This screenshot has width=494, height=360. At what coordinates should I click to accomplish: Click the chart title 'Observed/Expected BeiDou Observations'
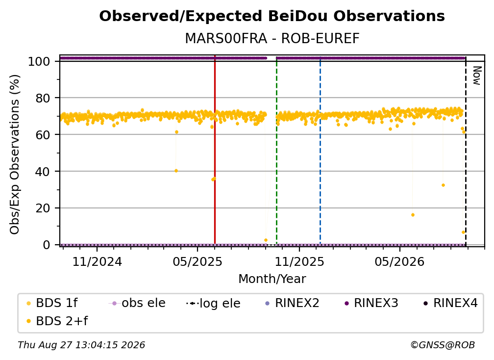pyautogui.click(x=272, y=16)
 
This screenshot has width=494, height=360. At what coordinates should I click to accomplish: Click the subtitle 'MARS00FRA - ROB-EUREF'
pyautogui.click(x=272, y=38)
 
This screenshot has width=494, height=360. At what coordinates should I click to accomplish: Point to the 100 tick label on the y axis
pyautogui.click(x=39, y=61)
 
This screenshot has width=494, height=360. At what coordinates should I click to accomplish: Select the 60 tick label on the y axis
pyautogui.click(x=43, y=134)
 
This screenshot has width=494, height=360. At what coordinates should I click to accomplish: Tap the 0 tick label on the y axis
pyautogui.click(x=47, y=245)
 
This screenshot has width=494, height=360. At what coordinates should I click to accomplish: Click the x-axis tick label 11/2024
pyautogui.click(x=97, y=261)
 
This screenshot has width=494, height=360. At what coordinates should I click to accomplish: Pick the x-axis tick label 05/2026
pyautogui.click(x=399, y=261)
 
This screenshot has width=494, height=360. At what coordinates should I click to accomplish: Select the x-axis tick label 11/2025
pyautogui.click(x=299, y=261)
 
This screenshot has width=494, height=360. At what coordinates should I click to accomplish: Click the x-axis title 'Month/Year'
pyautogui.click(x=272, y=279)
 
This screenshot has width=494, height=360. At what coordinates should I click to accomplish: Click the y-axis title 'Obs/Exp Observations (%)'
pyautogui.click(x=15, y=154)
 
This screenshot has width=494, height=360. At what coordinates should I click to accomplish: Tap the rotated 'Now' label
pyautogui.click(x=477, y=76)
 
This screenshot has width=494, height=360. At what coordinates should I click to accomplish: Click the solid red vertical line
pyautogui.click(x=215, y=150)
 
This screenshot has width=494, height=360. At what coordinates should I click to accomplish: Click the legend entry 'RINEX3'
pyautogui.click(x=372, y=303)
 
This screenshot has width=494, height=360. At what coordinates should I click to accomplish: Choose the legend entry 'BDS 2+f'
pyautogui.click(x=57, y=321)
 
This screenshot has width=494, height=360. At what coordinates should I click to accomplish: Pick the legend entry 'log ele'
pyautogui.click(x=213, y=303)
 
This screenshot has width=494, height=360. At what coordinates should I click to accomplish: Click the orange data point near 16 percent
pyautogui.click(x=413, y=215)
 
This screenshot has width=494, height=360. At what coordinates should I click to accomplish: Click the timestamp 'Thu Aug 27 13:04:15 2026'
pyautogui.click(x=81, y=345)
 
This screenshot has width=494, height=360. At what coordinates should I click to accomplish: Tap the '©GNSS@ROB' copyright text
pyautogui.click(x=443, y=345)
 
